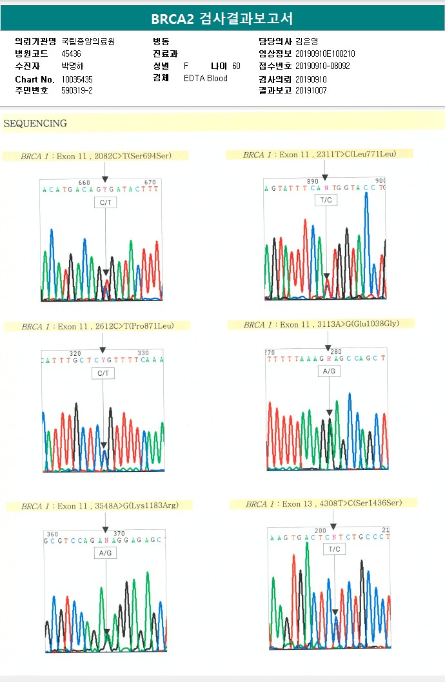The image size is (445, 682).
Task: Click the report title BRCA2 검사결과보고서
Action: click(x=222, y=19)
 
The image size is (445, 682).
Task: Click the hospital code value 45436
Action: click(x=71, y=54)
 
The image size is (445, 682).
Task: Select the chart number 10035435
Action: click(x=77, y=79)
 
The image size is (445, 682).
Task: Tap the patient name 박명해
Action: click(x=73, y=66)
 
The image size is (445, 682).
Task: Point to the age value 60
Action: click(x=236, y=66)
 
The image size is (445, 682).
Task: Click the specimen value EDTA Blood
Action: click(x=206, y=79)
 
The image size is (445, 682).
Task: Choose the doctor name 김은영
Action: click(x=308, y=41)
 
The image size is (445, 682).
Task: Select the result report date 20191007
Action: click(x=311, y=91)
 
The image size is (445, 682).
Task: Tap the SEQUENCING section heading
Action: click(x=35, y=123)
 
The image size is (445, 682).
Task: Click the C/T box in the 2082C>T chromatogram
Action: click(x=105, y=202)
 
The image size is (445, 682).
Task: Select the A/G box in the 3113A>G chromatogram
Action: click(x=330, y=372)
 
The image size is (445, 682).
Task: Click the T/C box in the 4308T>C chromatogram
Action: click(x=334, y=549)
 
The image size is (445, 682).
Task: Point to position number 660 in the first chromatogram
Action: click(x=84, y=182)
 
